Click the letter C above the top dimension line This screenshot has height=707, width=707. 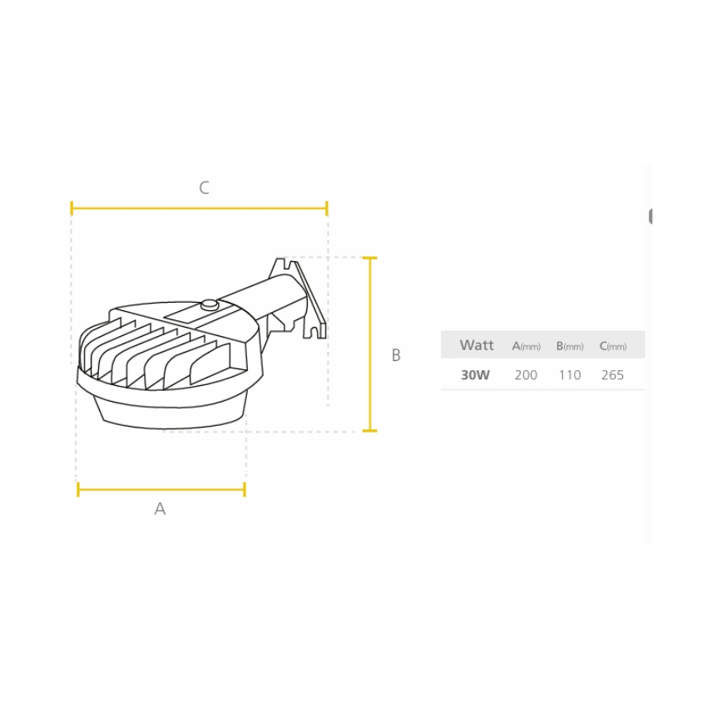[205, 188]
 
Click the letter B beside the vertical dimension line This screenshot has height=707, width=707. [396, 355]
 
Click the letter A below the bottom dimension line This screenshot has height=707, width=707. [160, 508]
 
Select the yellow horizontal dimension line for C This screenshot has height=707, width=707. [200, 208]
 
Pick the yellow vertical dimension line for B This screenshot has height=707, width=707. [370, 344]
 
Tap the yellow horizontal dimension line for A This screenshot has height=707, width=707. [161, 489]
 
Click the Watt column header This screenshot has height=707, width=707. [477, 345]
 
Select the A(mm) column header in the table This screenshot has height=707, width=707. [527, 346]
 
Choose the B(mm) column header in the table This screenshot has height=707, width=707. [570, 346]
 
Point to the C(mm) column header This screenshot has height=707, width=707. [613, 346]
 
